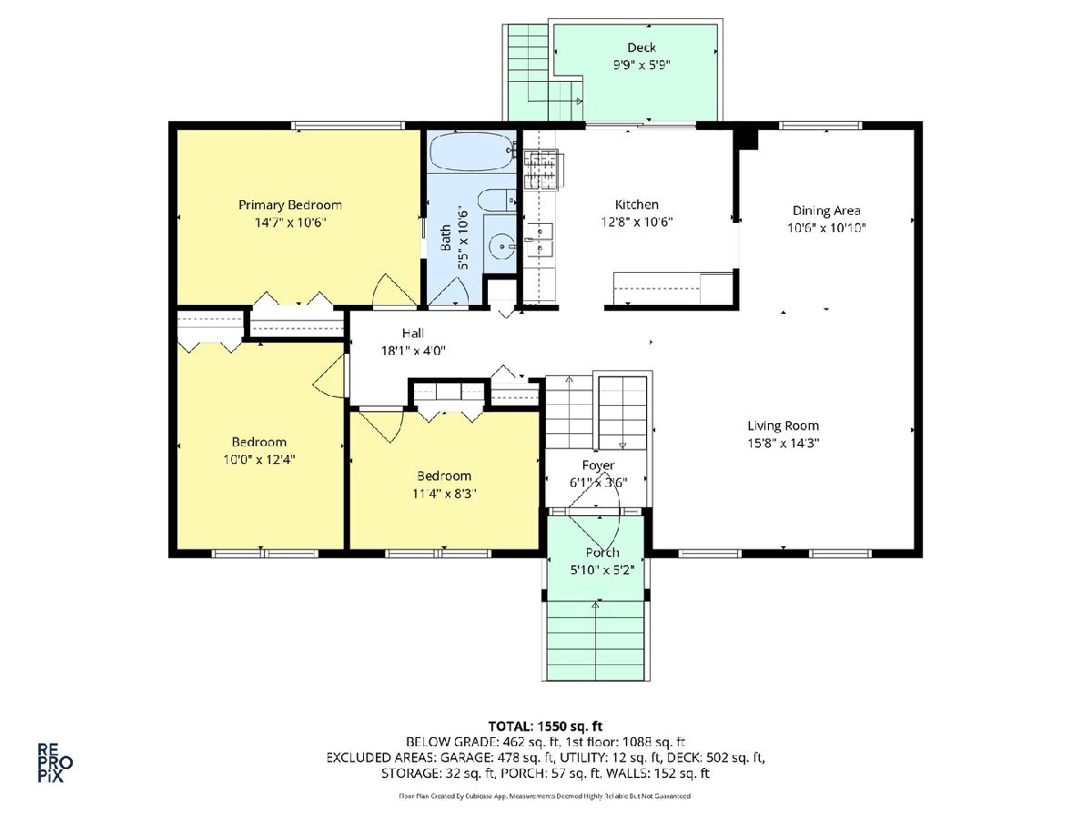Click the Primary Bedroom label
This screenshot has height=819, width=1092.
click(290, 205)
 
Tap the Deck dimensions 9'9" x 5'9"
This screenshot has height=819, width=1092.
click(642, 65)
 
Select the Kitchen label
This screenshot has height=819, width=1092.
click(637, 205)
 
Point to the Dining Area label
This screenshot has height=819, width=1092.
click(826, 211)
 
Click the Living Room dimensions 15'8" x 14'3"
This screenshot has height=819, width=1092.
click(784, 442)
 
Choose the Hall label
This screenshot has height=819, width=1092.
click(413, 333)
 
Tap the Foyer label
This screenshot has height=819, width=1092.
click(598, 466)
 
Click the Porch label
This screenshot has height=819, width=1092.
click(602, 552)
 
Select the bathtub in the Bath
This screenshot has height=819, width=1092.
click(470, 151)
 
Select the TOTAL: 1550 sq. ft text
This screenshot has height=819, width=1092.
click(545, 726)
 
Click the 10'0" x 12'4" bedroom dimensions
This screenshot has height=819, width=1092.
click(259, 459)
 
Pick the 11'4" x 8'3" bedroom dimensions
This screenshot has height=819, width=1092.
click(444, 493)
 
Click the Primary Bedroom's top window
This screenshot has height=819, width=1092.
click(349, 126)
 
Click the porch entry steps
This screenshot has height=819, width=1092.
click(595, 641)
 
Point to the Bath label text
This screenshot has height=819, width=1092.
click(446, 238)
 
